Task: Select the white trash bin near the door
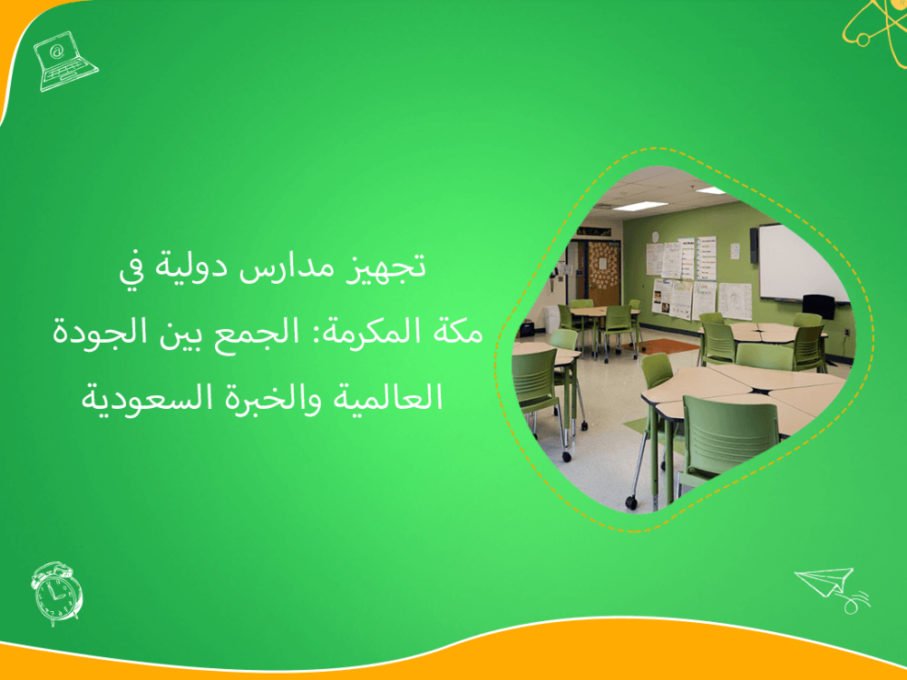tap(551, 317)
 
